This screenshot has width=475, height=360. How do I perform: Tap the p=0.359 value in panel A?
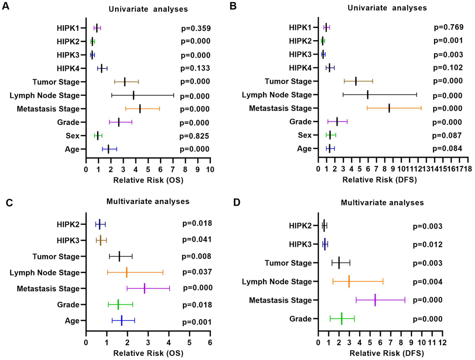(196, 28)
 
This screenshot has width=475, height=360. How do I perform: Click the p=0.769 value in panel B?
(448, 27)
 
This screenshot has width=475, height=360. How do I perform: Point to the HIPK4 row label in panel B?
(300, 68)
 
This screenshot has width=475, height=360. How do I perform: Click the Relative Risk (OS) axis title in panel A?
(148, 180)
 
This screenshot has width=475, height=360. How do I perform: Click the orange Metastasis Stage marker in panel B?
(389, 109)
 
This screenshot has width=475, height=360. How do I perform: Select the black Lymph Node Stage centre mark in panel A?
(134, 95)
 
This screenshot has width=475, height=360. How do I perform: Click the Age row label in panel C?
(73, 320)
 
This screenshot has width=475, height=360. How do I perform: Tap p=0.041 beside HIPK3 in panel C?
(197, 240)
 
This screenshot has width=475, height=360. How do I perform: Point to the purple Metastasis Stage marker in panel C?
(145, 288)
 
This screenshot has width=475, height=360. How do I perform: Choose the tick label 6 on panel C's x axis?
(210, 342)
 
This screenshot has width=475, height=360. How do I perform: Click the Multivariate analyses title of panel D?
(382, 203)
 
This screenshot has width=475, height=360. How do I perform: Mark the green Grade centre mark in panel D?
(341, 319)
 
